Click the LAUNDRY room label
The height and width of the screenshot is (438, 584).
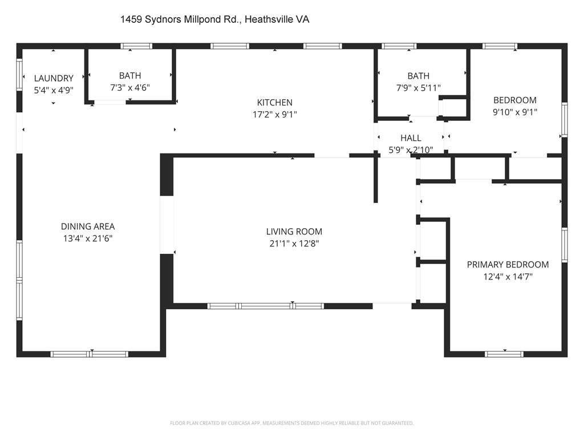[54, 78]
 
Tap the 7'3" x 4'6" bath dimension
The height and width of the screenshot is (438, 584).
[130, 87]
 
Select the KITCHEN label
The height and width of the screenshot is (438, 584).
[274, 103]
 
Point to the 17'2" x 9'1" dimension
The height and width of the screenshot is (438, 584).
[274, 114]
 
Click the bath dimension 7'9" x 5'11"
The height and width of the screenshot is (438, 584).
[418, 88]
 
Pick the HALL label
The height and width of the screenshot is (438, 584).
[411, 138]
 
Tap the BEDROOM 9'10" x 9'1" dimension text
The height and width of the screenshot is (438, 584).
[515, 112]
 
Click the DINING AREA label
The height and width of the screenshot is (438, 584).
[88, 226]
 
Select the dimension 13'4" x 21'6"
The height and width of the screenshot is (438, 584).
[88, 238]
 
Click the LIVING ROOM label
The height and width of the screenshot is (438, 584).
[294, 232]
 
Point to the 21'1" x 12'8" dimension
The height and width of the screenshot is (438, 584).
[294, 244]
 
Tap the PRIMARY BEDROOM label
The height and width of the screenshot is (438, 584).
[508, 265]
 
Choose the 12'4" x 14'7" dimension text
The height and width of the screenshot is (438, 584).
[508, 277]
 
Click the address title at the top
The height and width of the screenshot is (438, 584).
[214, 19]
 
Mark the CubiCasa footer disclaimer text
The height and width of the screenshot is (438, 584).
[291, 423]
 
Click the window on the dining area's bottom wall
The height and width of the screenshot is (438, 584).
[90, 354]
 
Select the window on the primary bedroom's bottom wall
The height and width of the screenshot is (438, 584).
[504, 354]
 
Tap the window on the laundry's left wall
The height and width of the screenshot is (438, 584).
[19, 75]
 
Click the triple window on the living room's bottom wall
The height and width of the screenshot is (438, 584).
[266, 306]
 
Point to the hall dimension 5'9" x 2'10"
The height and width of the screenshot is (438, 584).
[411, 150]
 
